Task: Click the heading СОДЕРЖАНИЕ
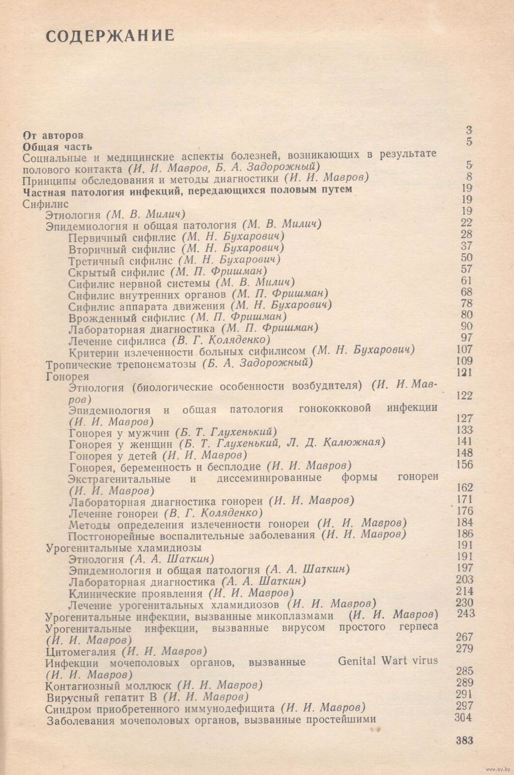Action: click(110, 35)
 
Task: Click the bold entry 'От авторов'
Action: click(53, 135)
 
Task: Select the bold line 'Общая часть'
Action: click(58, 147)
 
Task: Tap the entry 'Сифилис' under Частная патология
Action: click(46, 204)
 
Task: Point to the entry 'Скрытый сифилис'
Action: click(116, 272)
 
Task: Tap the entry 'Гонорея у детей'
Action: click(113, 456)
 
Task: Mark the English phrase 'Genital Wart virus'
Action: click(388, 661)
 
